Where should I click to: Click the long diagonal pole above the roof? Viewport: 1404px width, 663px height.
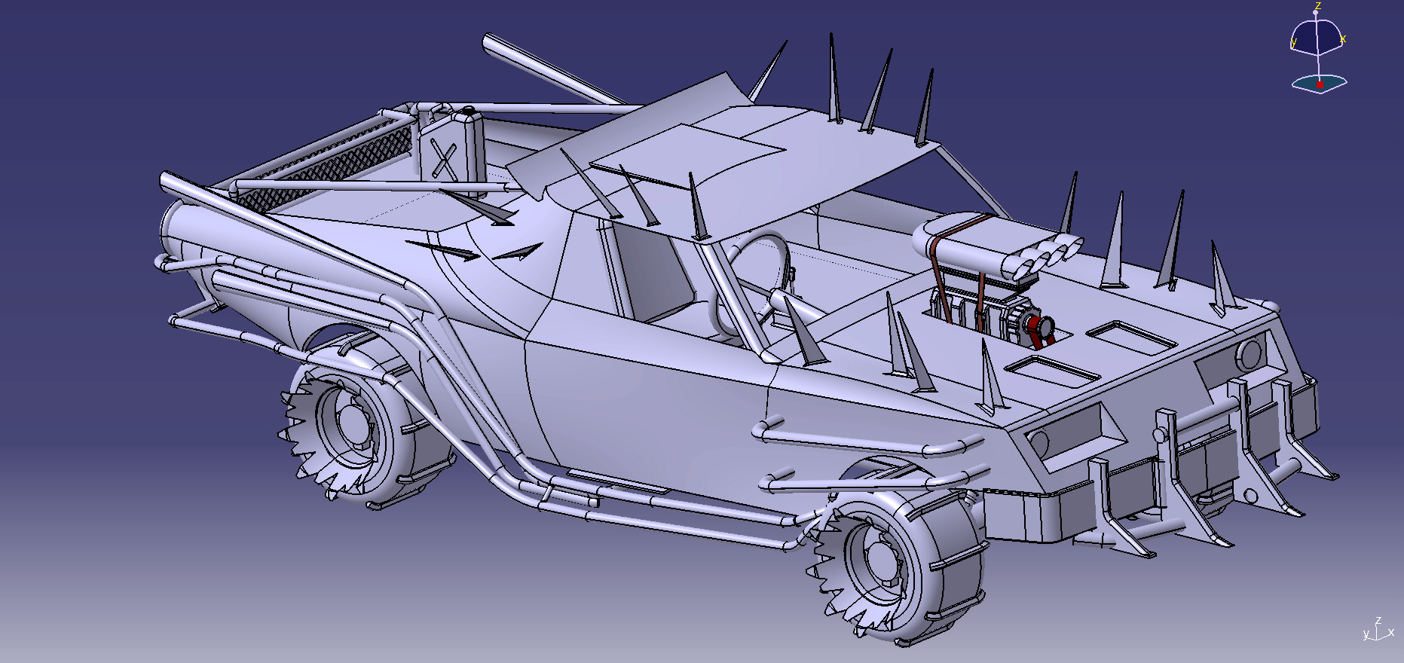550,72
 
